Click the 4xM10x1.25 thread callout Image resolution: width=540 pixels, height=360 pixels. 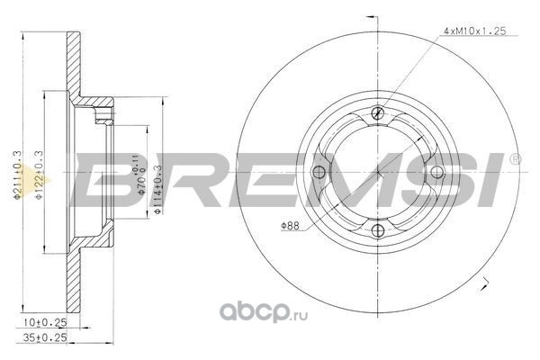coord(474,31)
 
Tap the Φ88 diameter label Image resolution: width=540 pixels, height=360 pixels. coord(290,226)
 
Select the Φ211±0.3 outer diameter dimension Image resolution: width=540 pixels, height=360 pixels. coord(17,175)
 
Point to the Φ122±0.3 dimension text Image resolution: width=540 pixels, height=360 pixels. coord(39,175)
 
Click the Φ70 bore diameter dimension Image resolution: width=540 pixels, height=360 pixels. coord(141,175)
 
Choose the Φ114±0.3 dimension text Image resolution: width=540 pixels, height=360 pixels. coord(157,190)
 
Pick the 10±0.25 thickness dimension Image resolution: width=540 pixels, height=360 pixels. coord(45,323)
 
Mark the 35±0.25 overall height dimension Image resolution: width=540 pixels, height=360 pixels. coord(45,338)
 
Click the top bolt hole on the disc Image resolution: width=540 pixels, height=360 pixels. coord(378,112)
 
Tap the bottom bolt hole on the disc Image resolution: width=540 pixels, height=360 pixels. coord(378,230)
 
